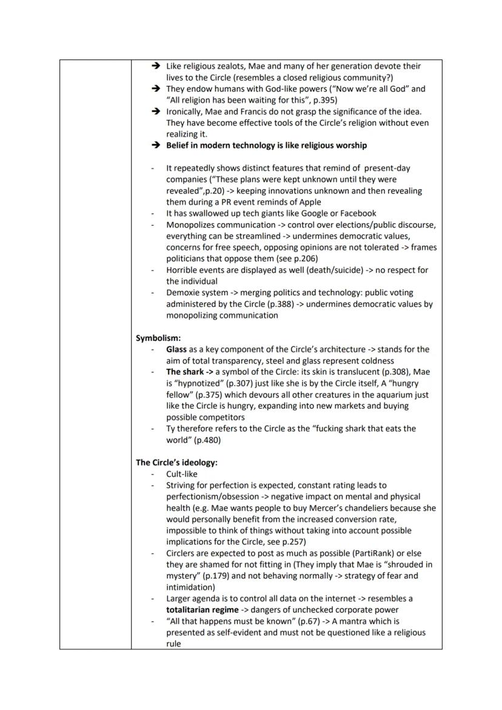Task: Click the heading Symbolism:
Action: point(158,338)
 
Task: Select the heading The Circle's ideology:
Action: point(176,462)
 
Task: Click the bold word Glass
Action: point(176,349)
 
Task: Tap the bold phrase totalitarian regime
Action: point(202,610)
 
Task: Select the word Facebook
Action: point(355,213)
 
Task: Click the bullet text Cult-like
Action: point(182,474)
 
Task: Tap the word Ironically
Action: point(186,112)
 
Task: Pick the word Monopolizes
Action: point(191,224)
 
